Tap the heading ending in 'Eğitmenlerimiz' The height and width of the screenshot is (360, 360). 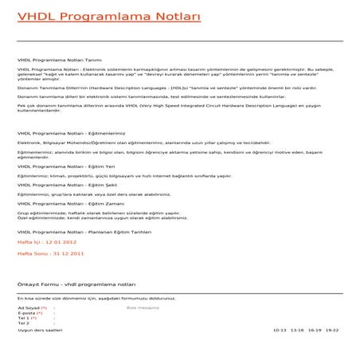[71, 133]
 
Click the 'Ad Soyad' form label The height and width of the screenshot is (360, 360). [31, 307]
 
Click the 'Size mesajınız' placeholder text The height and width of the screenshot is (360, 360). [143, 307]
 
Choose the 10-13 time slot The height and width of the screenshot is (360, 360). [279, 330]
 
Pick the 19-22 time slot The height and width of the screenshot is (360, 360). [332, 330]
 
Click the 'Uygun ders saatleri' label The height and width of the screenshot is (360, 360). [40, 330]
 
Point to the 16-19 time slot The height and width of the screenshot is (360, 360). [315, 330]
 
